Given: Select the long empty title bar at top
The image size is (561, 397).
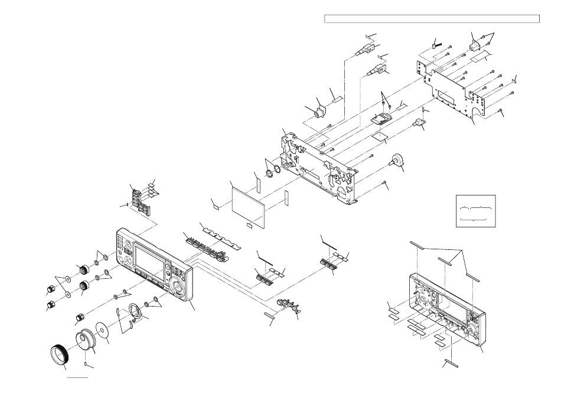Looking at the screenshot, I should click(432, 19).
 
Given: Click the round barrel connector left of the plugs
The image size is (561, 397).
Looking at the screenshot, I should click(321, 111).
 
